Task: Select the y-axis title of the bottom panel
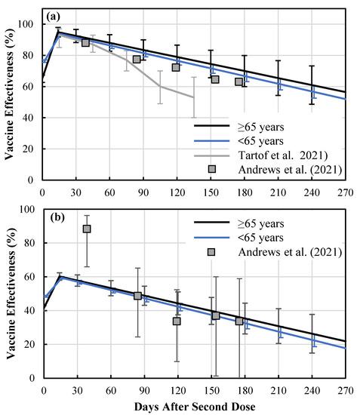[10, 294]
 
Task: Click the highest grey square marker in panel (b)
[87, 229]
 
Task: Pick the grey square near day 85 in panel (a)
[137, 59]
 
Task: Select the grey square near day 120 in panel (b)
[177, 321]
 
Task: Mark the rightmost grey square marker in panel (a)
[238, 81]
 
